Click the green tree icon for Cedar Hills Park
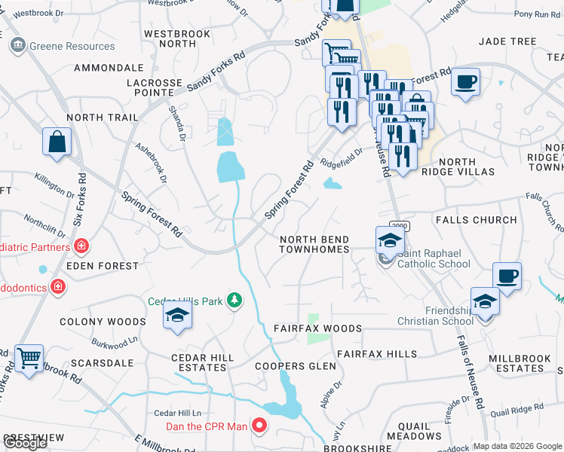pyautogui.click(x=235, y=301)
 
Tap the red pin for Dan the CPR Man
pyautogui.click(x=259, y=426)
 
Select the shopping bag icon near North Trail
pyautogui.click(x=57, y=142)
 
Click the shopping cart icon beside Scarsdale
pyautogui.click(x=29, y=359)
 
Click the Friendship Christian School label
pyautogui.click(x=437, y=316)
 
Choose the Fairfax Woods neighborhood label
pyautogui.click(x=317, y=329)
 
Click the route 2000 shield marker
pyautogui.click(x=399, y=225)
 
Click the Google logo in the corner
pyautogui.click(x=25, y=443)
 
